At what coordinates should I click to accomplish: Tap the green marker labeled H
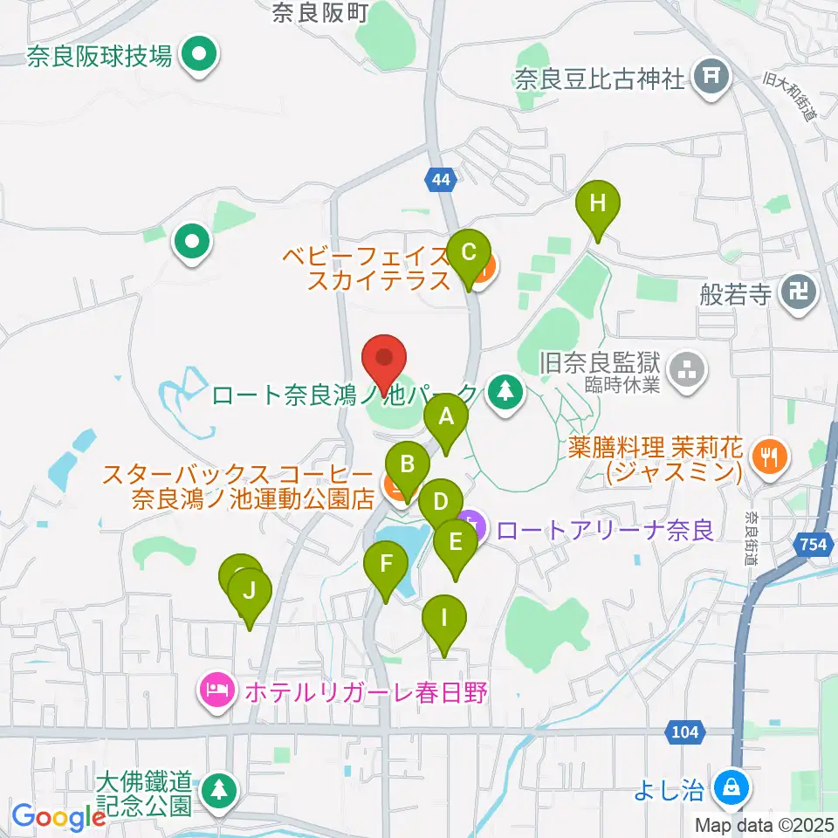coord(597,205)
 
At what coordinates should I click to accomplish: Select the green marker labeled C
coord(468,254)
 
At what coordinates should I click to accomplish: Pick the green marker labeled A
coord(446,418)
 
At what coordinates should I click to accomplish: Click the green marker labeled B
coord(407,464)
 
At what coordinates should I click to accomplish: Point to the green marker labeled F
coord(385,563)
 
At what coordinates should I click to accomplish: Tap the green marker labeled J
coord(250,593)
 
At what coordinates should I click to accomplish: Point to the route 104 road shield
coord(684,732)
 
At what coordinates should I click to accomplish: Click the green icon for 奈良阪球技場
coord(200,58)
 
